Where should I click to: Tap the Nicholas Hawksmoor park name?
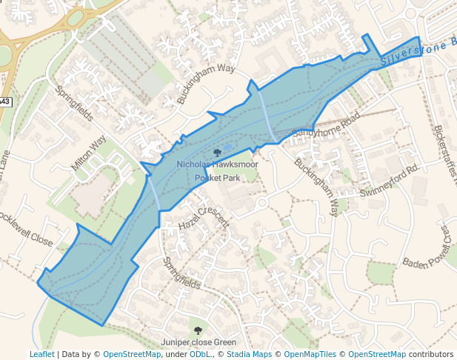217,164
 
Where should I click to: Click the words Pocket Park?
217,179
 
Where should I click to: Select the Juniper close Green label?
199,342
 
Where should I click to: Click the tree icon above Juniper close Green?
198,330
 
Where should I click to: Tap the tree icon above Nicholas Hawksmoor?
217,153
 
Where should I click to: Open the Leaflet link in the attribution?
41,354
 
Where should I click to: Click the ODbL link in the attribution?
199,354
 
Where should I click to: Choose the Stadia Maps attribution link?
247,354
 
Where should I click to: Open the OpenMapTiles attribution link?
312,354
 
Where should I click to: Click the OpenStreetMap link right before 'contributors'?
377,354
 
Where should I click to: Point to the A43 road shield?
4,101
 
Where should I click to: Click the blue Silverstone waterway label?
415,53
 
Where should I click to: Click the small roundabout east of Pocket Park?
261,202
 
